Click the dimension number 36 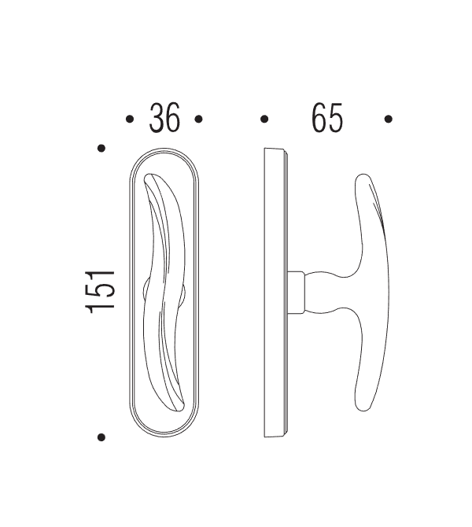pyautogui.click(x=165, y=119)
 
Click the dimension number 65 pyautogui.click(x=327, y=119)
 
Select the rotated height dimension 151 pyautogui.click(x=102, y=292)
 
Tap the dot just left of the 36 pyautogui.click(x=130, y=120)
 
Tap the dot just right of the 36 pyautogui.click(x=199, y=120)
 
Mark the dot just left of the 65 pyautogui.click(x=264, y=120)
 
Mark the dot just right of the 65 pyautogui.click(x=388, y=120)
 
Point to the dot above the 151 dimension pyautogui.click(x=101, y=148)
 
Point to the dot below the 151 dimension pyautogui.click(x=101, y=437)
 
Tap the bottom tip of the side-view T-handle pyautogui.click(x=363, y=405)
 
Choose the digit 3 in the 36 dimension pyautogui.click(x=157, y=119)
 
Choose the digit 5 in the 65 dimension pyautogui.click(x=336, y=119)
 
